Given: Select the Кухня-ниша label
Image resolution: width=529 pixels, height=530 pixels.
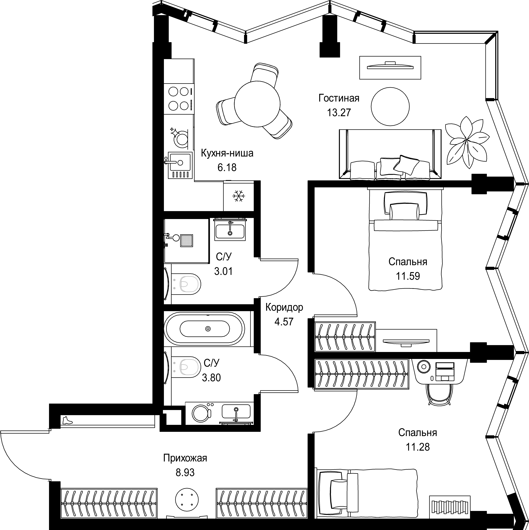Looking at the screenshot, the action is click(227, 153).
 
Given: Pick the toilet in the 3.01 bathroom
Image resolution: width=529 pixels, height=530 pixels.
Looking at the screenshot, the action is click(186, 284).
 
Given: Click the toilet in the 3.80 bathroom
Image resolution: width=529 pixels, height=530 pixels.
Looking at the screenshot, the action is click(186, 367).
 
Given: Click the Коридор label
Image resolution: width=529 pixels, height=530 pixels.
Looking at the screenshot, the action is click(284, 307).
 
